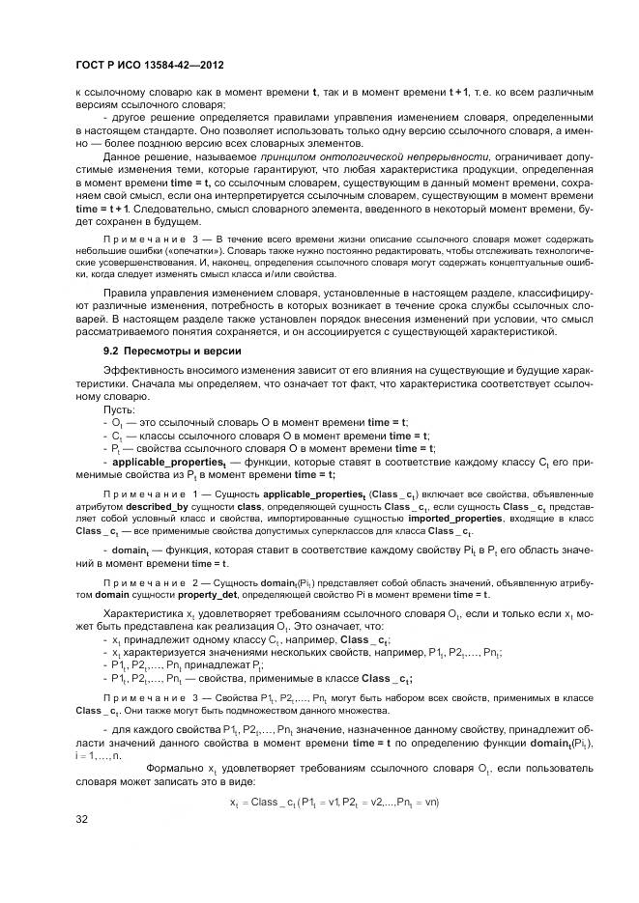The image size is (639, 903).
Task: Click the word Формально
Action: [174, 767]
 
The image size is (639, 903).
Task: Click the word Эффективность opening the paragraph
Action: [145, 371]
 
